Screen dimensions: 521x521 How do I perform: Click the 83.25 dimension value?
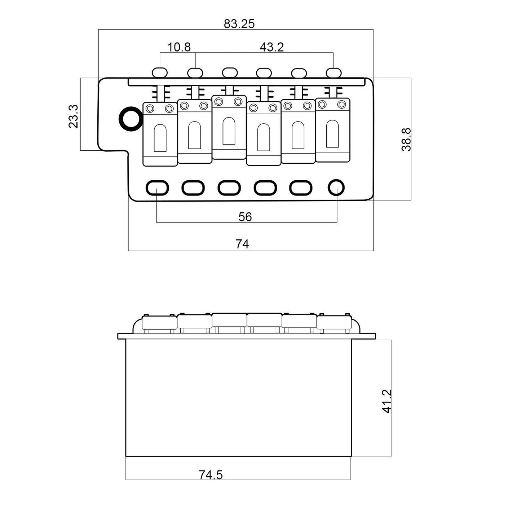point(239,24)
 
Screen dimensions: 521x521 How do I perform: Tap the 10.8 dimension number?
point(179,47)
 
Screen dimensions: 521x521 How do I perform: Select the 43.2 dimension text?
point(271,47)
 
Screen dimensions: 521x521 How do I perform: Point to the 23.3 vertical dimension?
point(73,116)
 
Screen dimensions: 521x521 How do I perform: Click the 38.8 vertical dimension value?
point(406,140)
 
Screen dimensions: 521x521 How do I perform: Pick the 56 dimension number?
point(245,217)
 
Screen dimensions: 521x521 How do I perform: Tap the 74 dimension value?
point(242,244)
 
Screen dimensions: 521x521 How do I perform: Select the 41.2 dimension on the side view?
point(387,401)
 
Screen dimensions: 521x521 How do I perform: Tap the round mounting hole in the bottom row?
point(336,187)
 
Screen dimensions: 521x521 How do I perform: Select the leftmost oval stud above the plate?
point(159,72)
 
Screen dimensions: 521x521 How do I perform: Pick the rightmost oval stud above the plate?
point(334,72)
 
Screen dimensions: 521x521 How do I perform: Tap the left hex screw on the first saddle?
point(150,109)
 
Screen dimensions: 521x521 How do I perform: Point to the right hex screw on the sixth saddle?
point(342,104)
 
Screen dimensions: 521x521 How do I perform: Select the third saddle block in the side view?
point(229,320)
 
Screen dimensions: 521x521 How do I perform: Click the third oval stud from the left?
point(230,72)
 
